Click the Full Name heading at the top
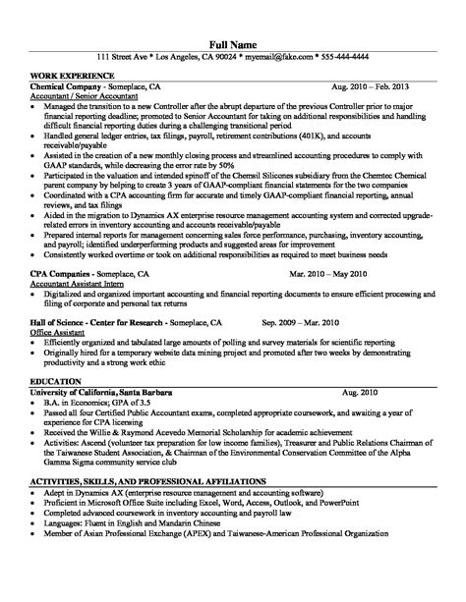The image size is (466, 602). (x=232, y=44)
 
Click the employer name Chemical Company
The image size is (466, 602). (x=70, y=87)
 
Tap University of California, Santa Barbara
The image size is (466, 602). (x=103, y=391)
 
